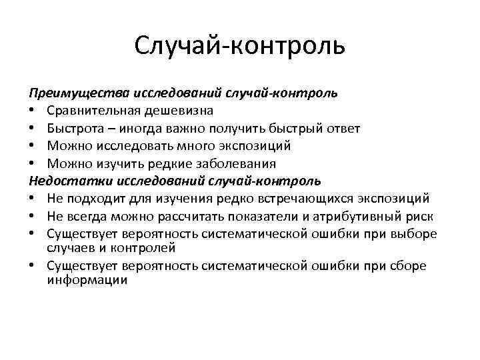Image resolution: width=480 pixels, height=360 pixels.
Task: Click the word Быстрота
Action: [73, 127]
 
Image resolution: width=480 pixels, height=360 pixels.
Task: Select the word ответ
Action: [343, 127]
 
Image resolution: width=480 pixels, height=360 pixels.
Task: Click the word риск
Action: [421, 215]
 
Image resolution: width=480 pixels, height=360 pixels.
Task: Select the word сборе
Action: [409, 265]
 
